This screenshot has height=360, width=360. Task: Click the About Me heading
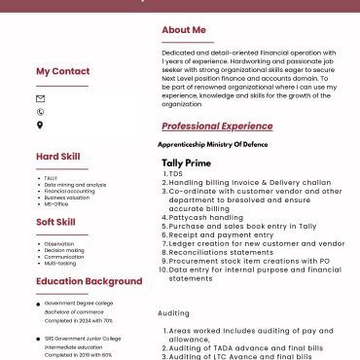tap(184, 30)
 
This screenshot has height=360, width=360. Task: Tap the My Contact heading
tap(62, 71)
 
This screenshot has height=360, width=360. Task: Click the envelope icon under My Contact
tap(40, 99)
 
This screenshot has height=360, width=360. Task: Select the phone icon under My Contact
tap(40, 112)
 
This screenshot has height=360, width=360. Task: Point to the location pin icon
tap(40, 125)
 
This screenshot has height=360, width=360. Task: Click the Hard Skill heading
tap(58, 156)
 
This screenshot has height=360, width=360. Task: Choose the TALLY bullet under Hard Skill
tap(51, 178)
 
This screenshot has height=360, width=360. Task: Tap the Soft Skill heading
tap(57, 222)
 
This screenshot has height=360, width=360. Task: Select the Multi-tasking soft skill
tap(60, 263)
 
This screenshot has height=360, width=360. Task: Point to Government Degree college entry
tap(80, 303)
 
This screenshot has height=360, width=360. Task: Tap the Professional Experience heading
tap(217, 126)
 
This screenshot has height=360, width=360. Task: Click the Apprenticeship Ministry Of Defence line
tap(212, 145)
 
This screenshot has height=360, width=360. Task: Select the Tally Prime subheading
tap(186, 162)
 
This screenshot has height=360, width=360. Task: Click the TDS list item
tap(175, 173)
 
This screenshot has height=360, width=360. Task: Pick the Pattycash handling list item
tap(205, 217)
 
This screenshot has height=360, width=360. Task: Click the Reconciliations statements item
tap(221, 252)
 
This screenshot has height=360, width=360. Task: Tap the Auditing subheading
tap(174, 313)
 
